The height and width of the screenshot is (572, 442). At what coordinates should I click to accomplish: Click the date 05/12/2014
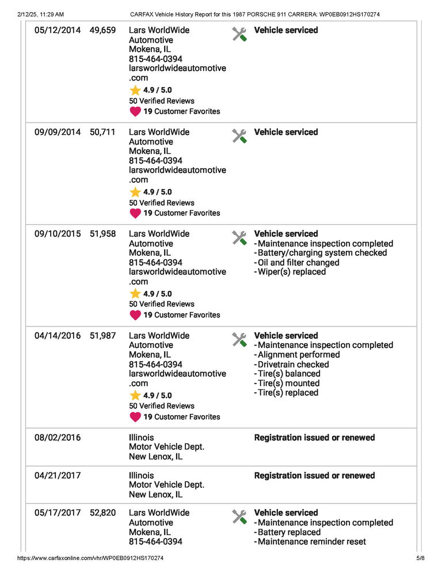[x=58, y=30]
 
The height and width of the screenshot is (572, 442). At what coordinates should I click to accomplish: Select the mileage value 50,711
[x=102, y=132]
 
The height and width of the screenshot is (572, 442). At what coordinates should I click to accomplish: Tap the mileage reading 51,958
[x=102, y=234]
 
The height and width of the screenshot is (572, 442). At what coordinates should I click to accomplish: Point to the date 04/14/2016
[x=58, y=336]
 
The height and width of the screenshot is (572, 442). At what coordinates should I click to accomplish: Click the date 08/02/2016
[x=58, y=438]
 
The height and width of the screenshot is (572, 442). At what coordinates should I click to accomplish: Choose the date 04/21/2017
[x=58, y=476]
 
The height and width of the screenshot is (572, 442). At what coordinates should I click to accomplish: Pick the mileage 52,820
[x=102, y=513]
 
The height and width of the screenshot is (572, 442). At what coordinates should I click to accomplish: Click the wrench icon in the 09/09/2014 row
[x=239, y=136]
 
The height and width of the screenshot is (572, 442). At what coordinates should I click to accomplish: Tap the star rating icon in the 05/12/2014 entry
[x=135, y=90]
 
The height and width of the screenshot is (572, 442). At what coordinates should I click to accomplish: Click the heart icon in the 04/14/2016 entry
[x=135, y=417]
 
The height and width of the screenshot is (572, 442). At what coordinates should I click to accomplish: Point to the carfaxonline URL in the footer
[x=90, y=558]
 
